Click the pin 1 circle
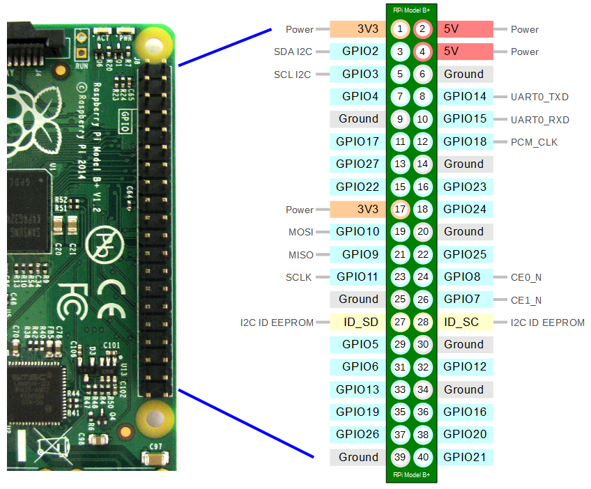pos(400,29)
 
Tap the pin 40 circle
pos(422,457)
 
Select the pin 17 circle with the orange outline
pos(400,209)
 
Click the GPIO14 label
pos(465,97)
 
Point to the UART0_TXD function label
pos(539,98)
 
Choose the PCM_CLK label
pos(534,142)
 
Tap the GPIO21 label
pos(465,457)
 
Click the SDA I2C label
pos(294,52)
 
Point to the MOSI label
pos(300,232)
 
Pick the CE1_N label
pos(525,300)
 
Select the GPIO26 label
pos(358,435)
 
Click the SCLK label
pos(299,277)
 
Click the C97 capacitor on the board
pos(154,458)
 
